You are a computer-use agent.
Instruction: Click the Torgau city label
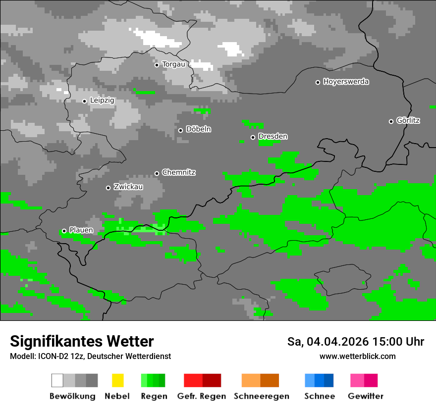tap(173, 64)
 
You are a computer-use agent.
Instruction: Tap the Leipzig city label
tap(102, 101)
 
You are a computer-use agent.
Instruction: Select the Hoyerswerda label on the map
tap(346, 82)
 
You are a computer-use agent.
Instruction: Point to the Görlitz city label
tap(408, 120)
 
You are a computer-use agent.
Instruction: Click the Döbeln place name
tap(199, 129)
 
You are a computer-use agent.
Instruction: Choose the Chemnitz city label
tap(179, 173)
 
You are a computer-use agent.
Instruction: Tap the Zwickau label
tap(128, 187)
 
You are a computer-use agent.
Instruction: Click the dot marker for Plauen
tap(64, 231)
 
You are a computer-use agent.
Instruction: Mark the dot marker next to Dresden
tap(253, 137)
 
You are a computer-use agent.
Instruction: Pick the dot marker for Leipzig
tap(84, 101)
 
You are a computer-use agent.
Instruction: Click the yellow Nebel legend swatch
tap(117, 380)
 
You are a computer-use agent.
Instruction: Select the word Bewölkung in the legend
tap(72, 396)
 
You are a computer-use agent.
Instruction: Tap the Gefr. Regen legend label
tap(202, 396)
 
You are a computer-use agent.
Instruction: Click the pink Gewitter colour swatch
tap(364, 380)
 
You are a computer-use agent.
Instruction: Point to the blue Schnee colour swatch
tap(319, 380)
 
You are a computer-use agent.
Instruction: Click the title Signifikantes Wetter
tap(82, 341)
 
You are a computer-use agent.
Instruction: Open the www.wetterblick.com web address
tap(357, 356)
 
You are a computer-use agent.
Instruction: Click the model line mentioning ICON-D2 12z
tap(90, 356)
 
